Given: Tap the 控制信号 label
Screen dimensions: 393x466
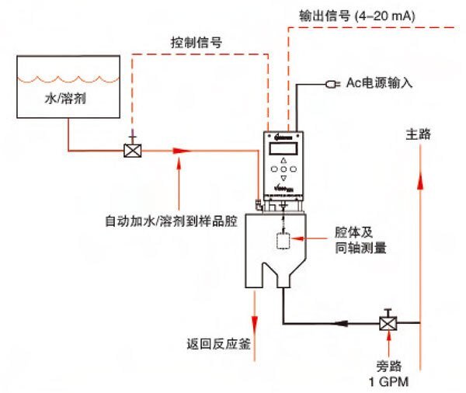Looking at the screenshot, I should click(x=196, y=43).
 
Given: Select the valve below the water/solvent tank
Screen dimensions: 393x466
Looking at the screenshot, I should click(x=132, y=149).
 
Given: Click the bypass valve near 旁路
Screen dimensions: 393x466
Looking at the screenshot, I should click(x=385, y=322).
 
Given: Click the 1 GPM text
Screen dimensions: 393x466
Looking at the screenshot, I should click(x=384, y=382).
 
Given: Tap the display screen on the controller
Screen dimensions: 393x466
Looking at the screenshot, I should click(x=283, y=148).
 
